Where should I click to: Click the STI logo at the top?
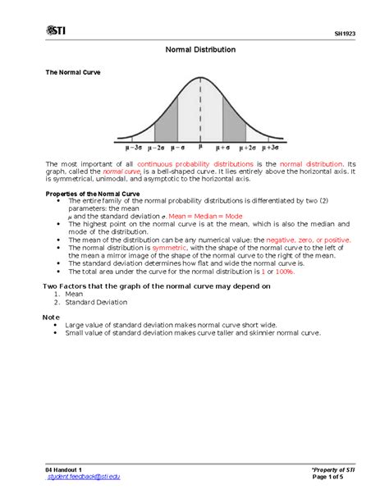pyautogui.click(x=55, y=32)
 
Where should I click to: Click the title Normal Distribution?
pyautogui.click(x=200, y=50)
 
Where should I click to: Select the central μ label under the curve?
pyautogui.click(x=200, y=148)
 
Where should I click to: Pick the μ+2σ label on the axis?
pyautogui.click(x=246, y=148)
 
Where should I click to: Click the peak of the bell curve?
pyautogui.click(x=200, y=80)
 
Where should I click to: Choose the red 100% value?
pyautogui.click(x=284, y=270)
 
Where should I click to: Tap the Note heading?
pyautogui.click(x=51, y=316)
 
